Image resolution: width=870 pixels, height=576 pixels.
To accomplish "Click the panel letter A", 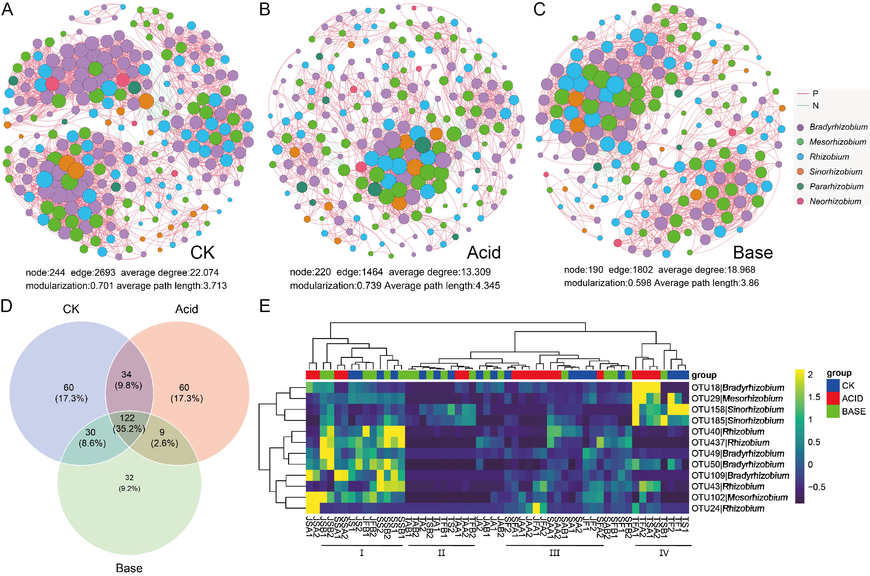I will coord(7,10).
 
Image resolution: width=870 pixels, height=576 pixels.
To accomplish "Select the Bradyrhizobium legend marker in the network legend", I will coord(800,128).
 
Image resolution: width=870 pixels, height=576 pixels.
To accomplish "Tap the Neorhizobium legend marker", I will coord(800,201).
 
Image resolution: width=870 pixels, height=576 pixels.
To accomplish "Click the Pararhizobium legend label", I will coord(836,187).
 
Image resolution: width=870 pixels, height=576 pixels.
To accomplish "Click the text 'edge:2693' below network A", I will coord(93,273).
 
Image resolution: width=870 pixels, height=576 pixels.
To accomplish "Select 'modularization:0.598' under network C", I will coord(608,283).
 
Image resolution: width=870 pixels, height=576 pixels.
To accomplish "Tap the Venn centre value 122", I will coord(127,418).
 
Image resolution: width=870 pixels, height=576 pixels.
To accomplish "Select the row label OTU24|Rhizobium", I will coord(728,508).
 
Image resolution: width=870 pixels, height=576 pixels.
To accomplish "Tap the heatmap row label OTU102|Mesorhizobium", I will coord(739,497).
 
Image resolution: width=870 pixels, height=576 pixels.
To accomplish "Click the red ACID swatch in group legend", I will coord(833,398).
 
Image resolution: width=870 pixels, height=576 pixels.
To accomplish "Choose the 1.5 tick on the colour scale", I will coord(814,397).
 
